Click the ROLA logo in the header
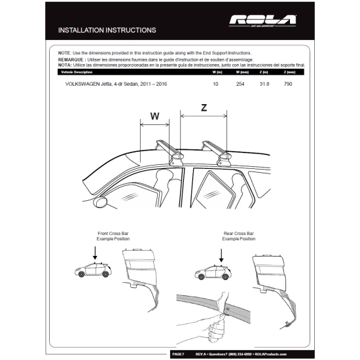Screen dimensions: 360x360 point(262,20)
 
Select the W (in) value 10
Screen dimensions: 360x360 point(215,84)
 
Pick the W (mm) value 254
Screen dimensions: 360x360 point(240,84)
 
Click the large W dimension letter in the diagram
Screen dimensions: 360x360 point(154,117)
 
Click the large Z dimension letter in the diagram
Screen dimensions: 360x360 point(204,109)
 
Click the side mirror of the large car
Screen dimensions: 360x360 point(103,204)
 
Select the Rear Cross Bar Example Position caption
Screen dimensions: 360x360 point(238,236)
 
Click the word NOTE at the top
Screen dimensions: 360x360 point(63,52)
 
